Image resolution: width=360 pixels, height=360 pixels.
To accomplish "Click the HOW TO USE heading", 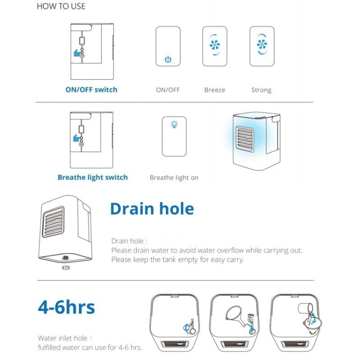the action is [x=61, y=6].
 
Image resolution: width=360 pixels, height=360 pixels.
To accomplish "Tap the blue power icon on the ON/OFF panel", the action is [x=168, y=59].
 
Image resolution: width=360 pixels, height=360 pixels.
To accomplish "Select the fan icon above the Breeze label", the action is [x=215, y=45].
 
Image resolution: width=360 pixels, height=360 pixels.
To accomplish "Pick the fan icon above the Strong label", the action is [x=262, y=44].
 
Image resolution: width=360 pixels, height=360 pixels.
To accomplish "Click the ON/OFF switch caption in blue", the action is [x=91, y=90].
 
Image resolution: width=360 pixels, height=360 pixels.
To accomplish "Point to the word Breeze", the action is [x=215, y=90].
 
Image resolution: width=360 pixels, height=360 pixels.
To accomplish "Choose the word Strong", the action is [x=261, y=90].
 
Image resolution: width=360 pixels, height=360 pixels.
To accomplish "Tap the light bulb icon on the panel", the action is [x=174, y=124].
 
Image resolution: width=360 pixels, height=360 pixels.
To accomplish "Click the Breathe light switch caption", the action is [x=93, y=178].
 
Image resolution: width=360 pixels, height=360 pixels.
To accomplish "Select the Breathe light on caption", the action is [x=174, y=178].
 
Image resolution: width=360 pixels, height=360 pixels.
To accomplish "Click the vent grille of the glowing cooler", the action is [x=245, y=139].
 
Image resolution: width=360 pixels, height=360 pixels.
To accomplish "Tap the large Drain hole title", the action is [x=152, y=209].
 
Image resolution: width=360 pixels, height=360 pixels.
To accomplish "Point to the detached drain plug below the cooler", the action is [x=66, y=267].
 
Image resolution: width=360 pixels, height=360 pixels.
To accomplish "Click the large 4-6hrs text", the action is [x=67, y=307].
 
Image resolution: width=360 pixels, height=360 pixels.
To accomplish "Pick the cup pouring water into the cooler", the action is [x=305, y=308].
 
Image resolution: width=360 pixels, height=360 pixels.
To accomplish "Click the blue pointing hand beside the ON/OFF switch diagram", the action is [x=77, y=53].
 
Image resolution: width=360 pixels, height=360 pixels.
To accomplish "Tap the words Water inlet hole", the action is [x=63, y=338].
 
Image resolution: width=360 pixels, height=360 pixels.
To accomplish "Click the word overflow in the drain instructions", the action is [x=230, y=250].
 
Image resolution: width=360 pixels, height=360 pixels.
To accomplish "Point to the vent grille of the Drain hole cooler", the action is [x=53, y=222].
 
